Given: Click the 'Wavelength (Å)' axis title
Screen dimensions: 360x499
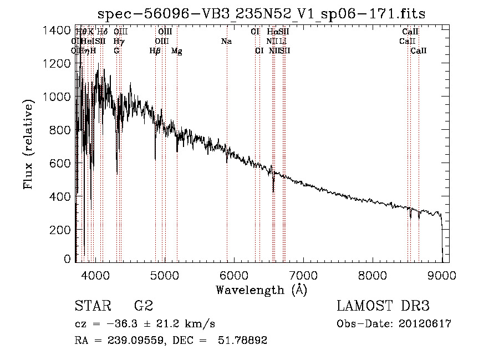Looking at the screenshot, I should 261,290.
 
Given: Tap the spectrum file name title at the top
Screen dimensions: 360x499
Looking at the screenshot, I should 261,14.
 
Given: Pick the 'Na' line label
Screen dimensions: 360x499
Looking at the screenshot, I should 226,41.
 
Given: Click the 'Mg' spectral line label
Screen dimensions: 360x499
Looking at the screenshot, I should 177,51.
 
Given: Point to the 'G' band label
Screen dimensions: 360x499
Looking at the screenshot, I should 116,51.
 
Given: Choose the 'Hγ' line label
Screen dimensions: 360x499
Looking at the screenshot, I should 118,41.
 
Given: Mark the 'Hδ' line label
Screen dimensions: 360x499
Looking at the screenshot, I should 102,32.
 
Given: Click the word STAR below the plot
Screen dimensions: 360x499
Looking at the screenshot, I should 91,306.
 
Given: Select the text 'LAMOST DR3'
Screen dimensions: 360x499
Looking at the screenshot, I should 383,306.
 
